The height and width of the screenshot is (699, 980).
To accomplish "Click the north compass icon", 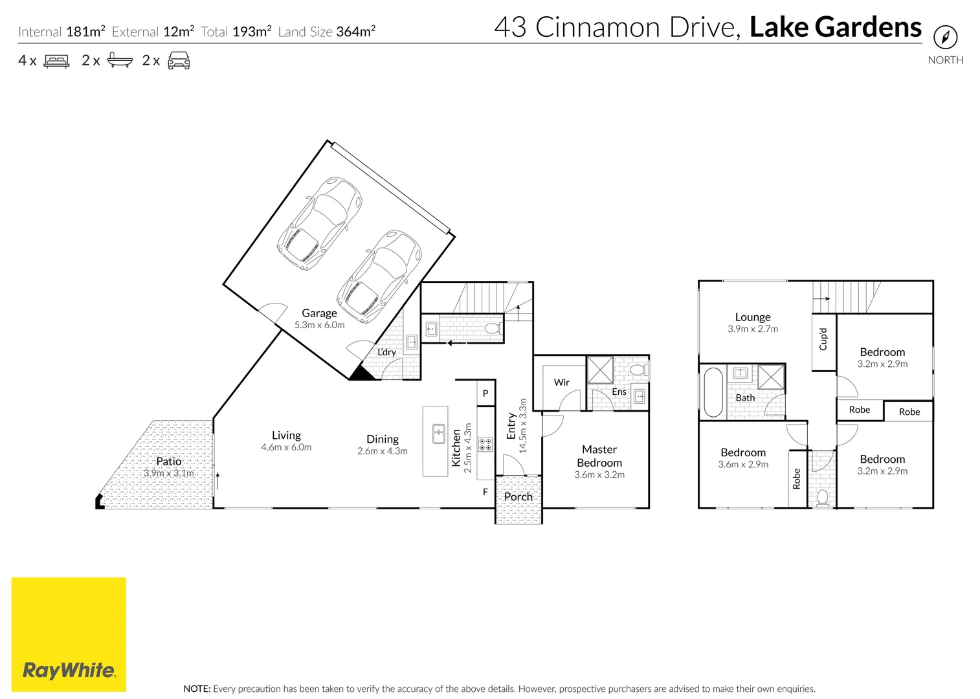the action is (x=945, y=37).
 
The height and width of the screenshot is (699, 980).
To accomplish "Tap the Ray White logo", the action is (x=69, y=634).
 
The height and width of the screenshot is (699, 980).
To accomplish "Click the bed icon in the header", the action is (x=56, y=60).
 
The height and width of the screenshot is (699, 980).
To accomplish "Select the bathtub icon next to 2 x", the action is (x=120, y=60).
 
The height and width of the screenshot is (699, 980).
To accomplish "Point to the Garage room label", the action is (x=319, y=313).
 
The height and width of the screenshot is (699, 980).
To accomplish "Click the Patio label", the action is (x=169, y=461).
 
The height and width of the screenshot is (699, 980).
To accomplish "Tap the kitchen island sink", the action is (x=439, y=434).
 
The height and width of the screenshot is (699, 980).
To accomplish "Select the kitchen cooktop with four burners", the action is (x=485, y=445).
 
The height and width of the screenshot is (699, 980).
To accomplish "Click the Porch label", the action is (x=518, y=497).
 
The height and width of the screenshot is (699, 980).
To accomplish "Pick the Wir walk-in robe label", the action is (x=561, y=383).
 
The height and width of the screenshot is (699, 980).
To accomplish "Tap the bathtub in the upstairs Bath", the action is (x=713, y=392).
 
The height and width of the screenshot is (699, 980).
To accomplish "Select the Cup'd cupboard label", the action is (x=823, y=339).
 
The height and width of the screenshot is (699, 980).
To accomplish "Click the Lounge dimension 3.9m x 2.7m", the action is (x=753, y=329).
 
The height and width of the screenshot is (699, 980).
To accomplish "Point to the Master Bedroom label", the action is (x=599, y=456).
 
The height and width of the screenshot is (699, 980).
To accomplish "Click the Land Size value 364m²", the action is (x=356, y=32).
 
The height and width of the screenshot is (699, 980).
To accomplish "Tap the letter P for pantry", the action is (x=485, y=394).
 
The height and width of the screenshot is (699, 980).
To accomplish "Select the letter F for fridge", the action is (x=485, y=492).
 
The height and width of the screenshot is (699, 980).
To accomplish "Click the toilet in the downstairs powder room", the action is (x=494, y=328).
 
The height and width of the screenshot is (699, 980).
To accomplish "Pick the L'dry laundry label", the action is (x=386, y=352).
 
